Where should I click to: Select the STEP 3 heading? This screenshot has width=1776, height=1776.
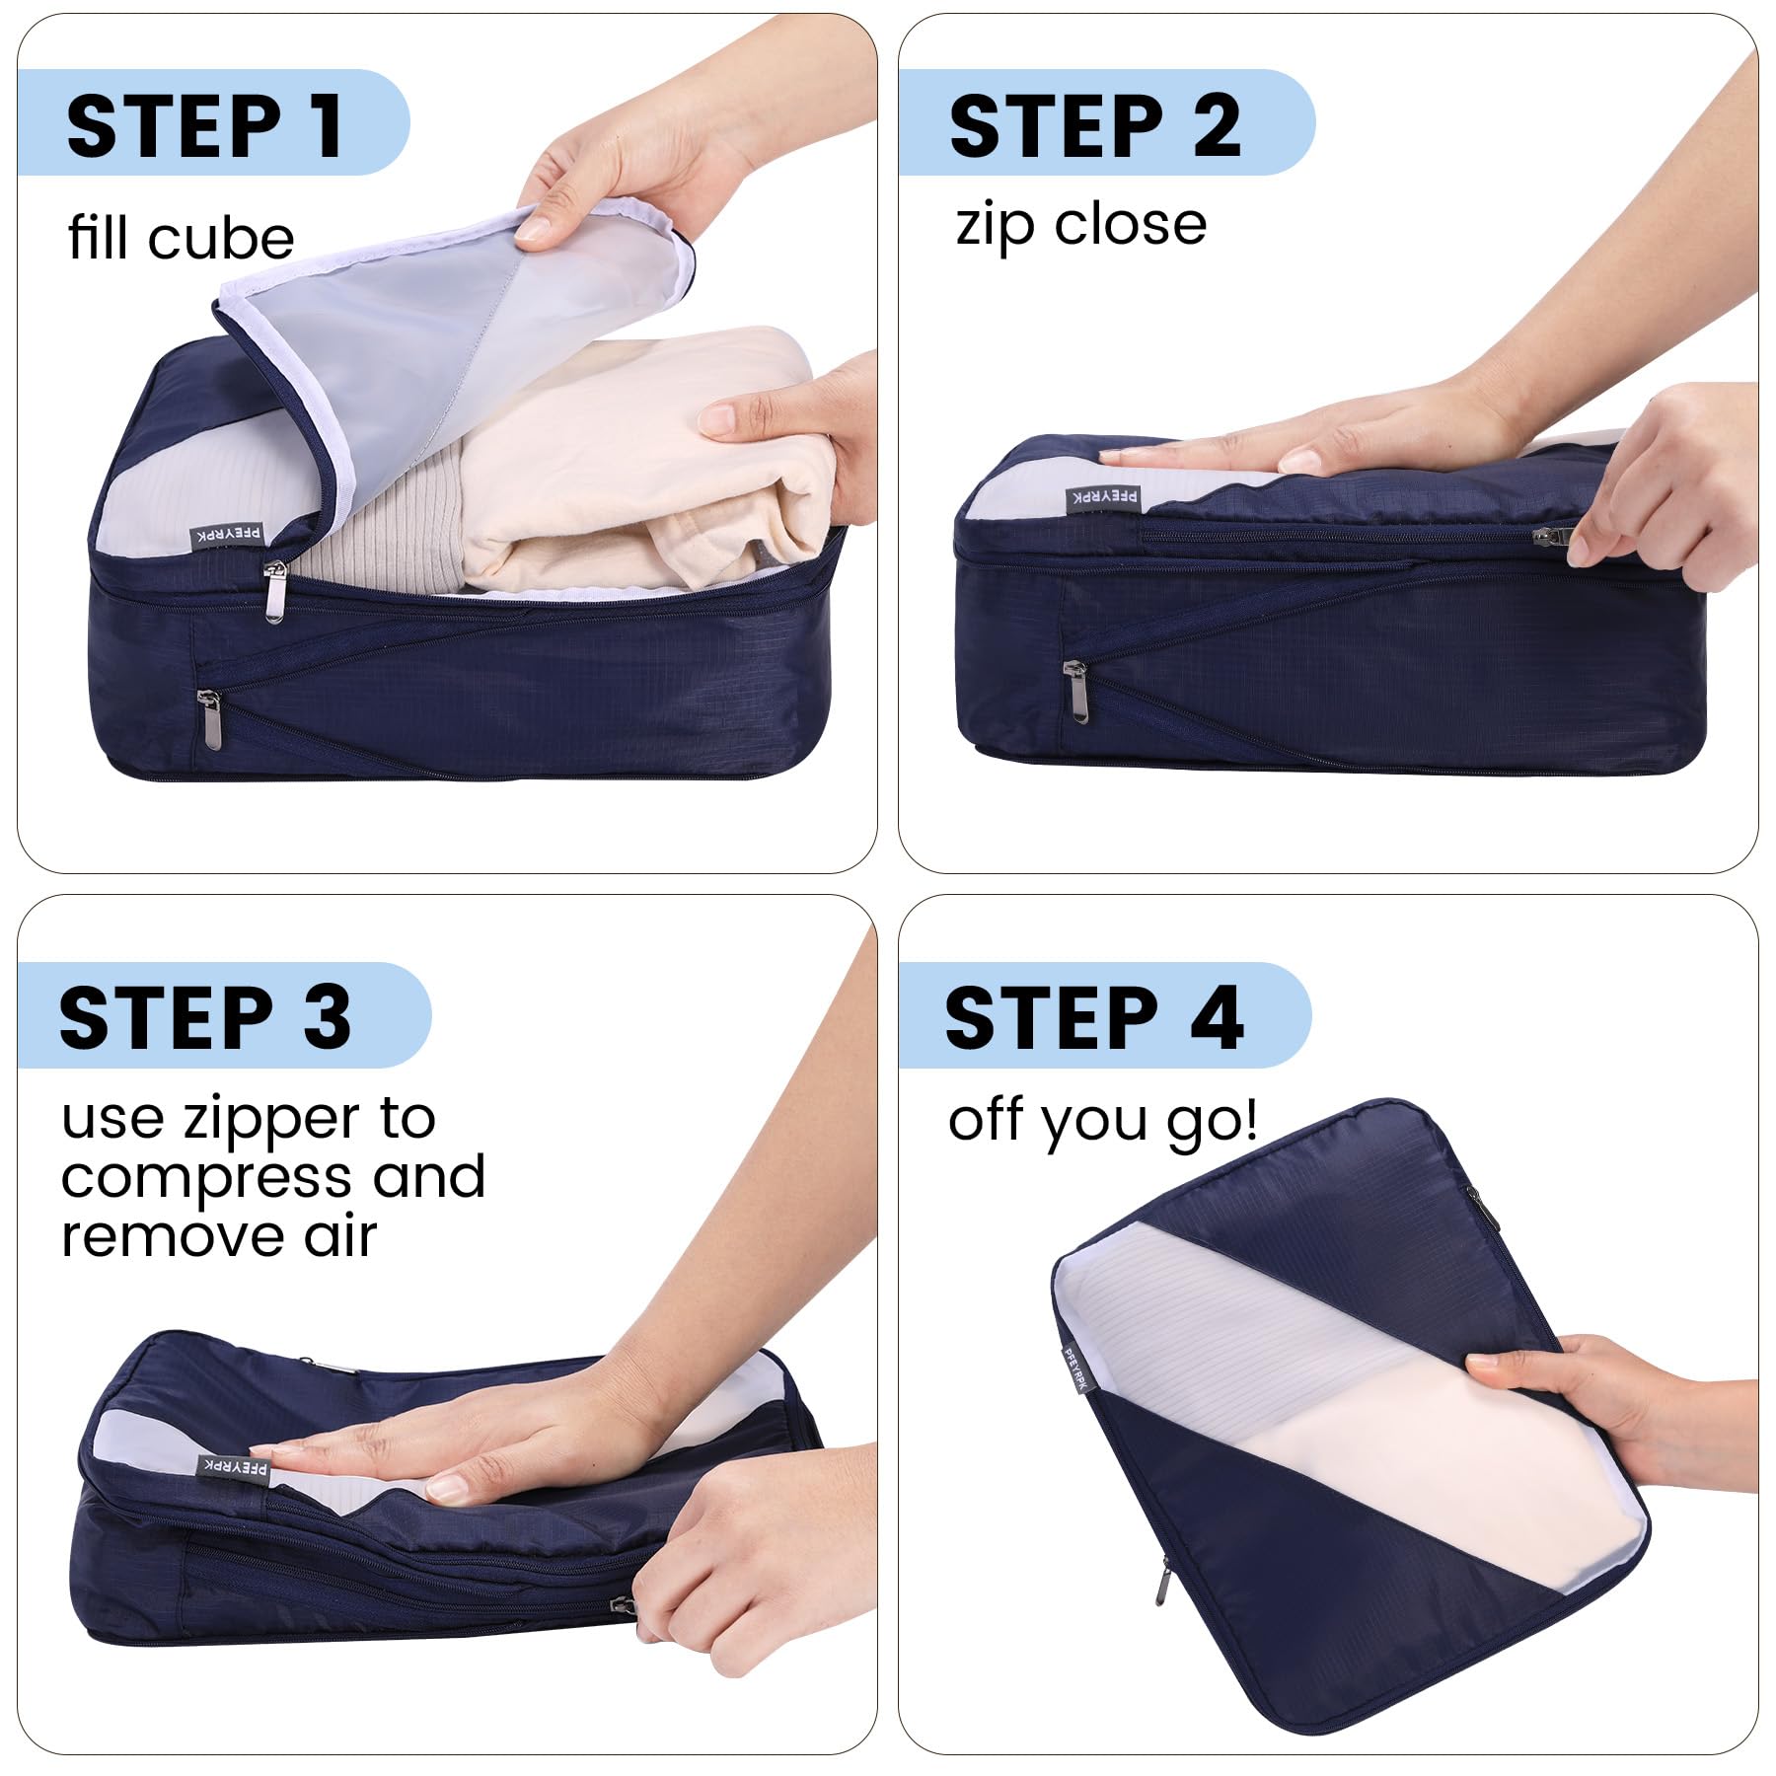pyautogui.click(x=205, y=1017)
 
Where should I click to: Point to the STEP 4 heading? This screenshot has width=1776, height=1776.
pyautogui.click(x=1093, y=1017)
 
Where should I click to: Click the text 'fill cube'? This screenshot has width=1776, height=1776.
pyautogui.click(x=181, y=238)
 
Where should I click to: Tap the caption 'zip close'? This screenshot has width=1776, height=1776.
pyautogui.click(x=1080, y=226)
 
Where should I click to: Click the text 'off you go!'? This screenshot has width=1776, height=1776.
pyautogui.click(x=1102, y=1122)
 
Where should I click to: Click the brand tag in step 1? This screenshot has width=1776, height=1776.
pyautogui.click(x=227, y=536)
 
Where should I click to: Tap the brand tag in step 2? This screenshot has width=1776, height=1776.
pyautogui.click(x=1103, y=497)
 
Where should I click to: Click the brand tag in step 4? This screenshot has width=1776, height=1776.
pyautogui.click(x=1074, y=1369)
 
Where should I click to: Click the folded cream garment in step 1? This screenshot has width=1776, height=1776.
pyautogui.click(x=651, y=464)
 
